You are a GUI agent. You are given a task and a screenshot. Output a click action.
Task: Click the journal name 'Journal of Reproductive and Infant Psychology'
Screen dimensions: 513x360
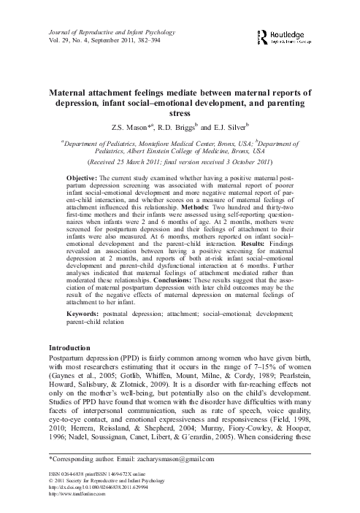107,26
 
